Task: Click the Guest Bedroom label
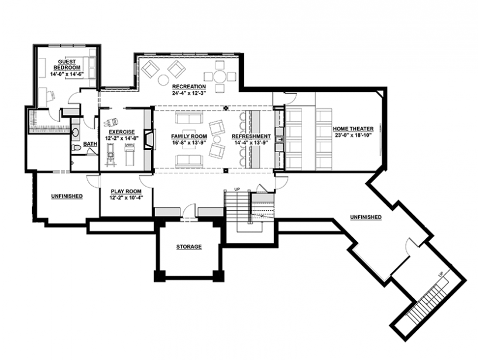pyautogui.click(x=67, y=64)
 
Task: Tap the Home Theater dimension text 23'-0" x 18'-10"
pyautogui.click(x=353, y=135)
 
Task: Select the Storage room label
pyautogui.click(x=189, y=247)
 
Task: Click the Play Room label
pyautogui.click(x=126, y=191)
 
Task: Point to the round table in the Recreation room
pyautogui.click(x=220, y=76)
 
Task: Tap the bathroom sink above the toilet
pyautogui.click(x=76, y=132)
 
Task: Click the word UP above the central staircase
pyautogui.click(x=237, y=190)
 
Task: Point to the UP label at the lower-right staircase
pyautogui.click(x=441, y=275)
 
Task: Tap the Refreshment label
pyautogui.click(x=251, y=136)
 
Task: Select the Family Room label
pyautogui.click(x=189, y=136)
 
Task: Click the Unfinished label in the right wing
pyautogui.click(x=366, y=217)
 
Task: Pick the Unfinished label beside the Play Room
pyautogui.click(x=67, y=196)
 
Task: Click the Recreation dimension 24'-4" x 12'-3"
pyautogui.click(x=189, y=93)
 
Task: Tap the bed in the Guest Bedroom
pyautogui.click(x=91, y=67)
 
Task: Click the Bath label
pyautogui.click(x=90, y=144)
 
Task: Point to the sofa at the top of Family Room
pyautogui.click(x=189, y=118)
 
